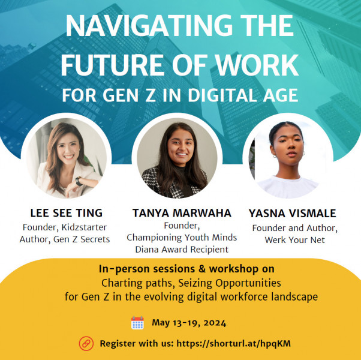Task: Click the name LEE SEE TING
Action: coord(67,213)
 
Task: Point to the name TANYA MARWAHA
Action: coord(182,213)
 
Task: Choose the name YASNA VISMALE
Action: coord(293,213)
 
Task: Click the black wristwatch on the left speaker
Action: coord(79,181)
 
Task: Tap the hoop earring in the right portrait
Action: coord(275,156)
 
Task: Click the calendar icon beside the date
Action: coord(137,322)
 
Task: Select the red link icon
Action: coord(86,343)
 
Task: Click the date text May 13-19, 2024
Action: coord(189,323)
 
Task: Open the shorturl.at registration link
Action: coord(233,344)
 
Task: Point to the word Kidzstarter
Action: coord(85,227)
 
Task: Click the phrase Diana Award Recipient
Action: coord(182,249)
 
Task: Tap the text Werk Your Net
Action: coord(294,240)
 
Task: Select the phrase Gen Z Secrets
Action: coord(82,239)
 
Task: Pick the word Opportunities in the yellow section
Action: coord(248,283)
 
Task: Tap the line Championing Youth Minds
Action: coord(182,237)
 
